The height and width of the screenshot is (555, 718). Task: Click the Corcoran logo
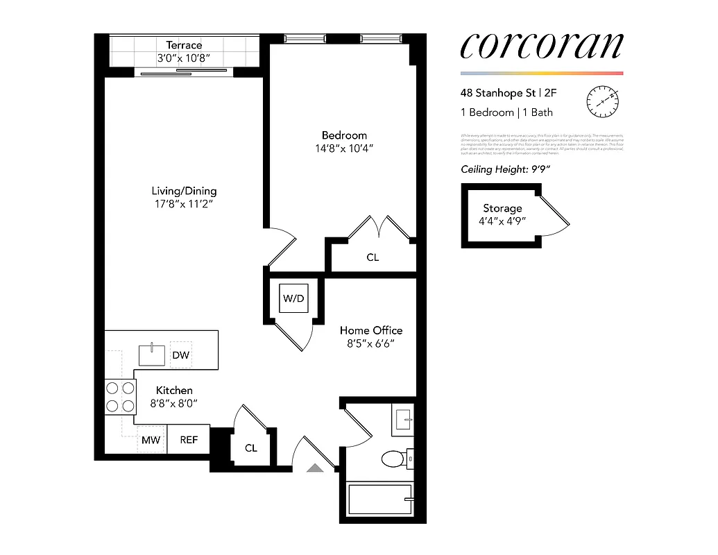(x=542, y=46)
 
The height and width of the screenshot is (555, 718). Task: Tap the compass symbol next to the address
(x=602, y=101)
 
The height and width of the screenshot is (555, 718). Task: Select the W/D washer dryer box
(x=293, y=298)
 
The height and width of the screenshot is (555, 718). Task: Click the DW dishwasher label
(x=181, y=355)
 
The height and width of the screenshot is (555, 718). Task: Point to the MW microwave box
(x=151, y=440)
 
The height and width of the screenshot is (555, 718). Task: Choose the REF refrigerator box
(x=189, y=440)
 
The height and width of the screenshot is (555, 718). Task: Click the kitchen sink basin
(x=152, y=355)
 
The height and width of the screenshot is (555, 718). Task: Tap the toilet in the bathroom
(x=395, y=459)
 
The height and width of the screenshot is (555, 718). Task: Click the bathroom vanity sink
(x=402, y=420)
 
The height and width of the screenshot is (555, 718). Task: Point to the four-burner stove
(x=119, y=398)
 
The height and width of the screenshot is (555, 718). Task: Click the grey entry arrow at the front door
(x=316, y=468)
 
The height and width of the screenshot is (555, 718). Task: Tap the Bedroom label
(x=344, y=135)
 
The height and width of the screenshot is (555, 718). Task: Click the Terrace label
(x=184, y=45)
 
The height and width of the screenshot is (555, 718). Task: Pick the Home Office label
(x=370, y=330)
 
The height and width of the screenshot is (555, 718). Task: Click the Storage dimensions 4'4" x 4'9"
(x=502, y=221)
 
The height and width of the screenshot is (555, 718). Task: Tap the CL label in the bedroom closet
(x=373, y=257)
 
